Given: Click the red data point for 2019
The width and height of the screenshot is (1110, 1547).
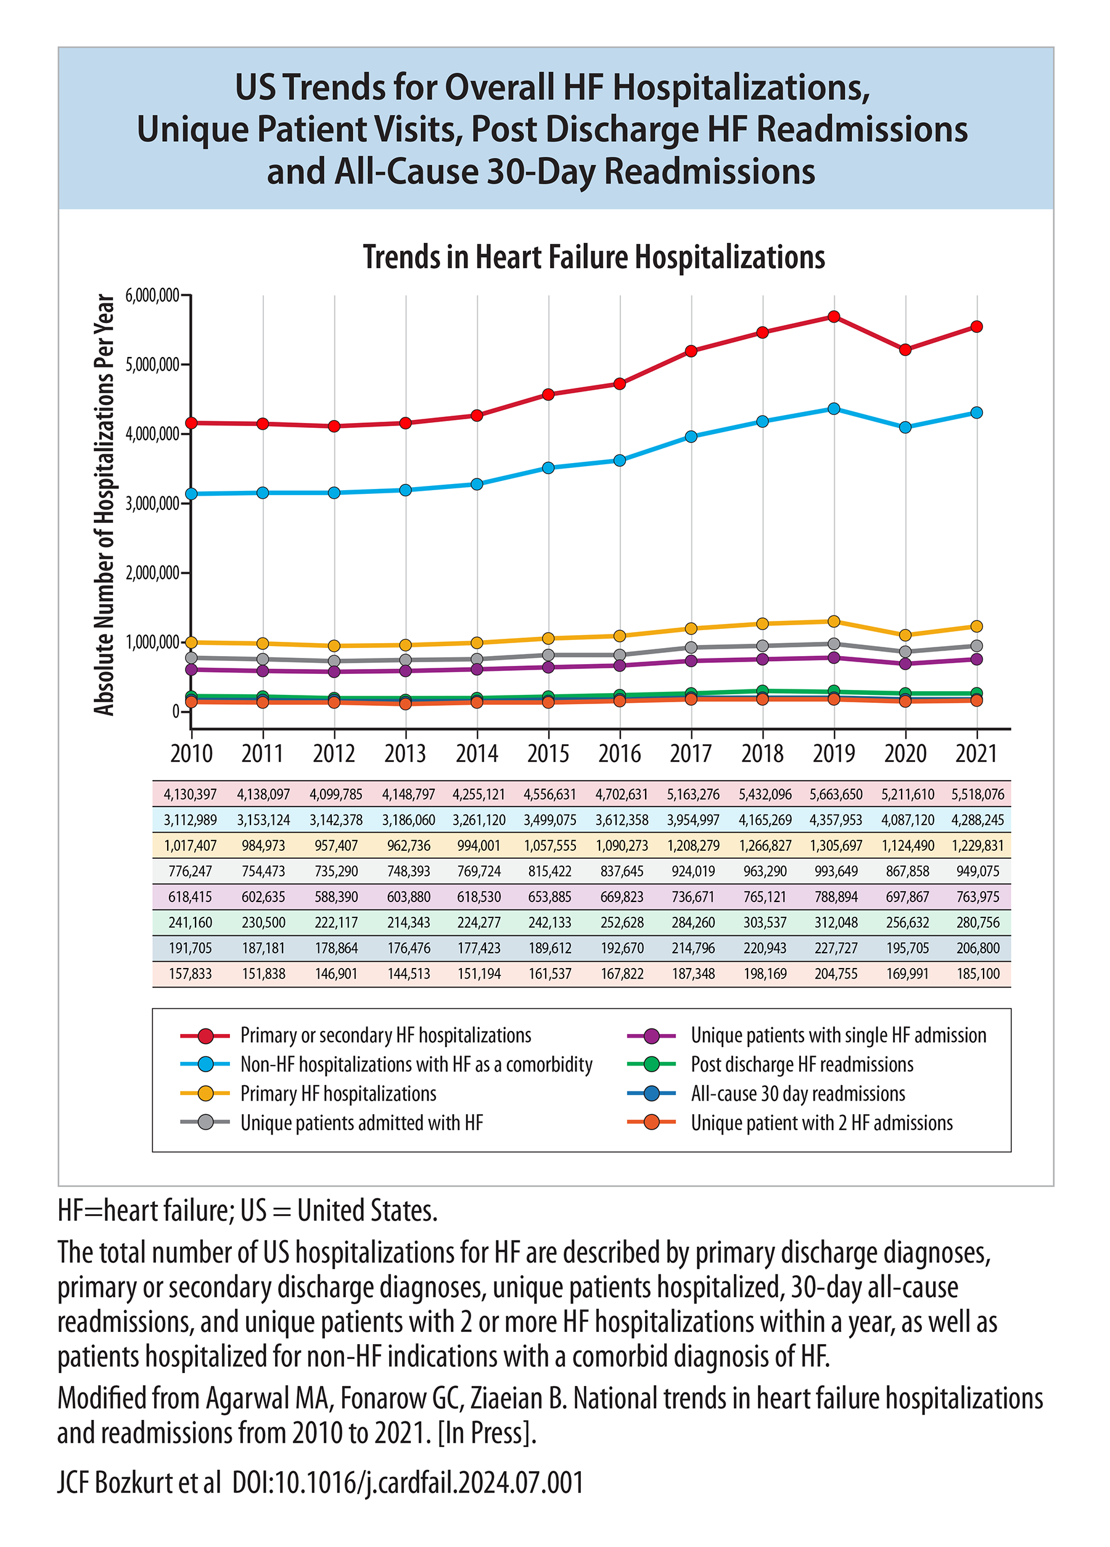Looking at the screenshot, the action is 833,316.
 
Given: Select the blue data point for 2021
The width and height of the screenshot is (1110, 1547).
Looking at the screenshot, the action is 976,412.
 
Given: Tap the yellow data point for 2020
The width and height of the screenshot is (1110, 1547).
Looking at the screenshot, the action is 905,635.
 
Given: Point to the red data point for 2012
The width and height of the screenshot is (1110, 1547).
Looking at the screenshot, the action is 334,425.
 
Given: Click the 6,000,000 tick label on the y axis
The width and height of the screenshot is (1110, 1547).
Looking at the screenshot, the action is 152,295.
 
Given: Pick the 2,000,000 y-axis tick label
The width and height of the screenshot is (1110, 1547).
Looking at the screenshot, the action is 152,572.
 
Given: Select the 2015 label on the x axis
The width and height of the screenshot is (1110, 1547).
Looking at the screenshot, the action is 548,753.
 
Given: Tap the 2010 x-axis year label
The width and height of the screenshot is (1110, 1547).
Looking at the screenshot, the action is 191,753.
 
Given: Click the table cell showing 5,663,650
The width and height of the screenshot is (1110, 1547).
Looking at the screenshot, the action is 836,794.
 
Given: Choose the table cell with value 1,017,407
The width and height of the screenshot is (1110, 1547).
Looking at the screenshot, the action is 191,846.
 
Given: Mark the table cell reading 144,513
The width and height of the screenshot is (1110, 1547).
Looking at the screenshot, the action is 409,974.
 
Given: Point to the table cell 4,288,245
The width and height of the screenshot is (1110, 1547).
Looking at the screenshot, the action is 977,820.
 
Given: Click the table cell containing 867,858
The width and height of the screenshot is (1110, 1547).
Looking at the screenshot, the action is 906,871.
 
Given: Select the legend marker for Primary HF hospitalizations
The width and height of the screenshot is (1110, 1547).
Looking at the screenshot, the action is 205,1093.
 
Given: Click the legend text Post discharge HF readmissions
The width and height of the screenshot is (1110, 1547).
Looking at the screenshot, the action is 802,1064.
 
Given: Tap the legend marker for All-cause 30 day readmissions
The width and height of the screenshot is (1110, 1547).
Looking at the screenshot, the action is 652,1093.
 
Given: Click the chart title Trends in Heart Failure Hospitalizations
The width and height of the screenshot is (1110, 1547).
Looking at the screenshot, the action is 594,257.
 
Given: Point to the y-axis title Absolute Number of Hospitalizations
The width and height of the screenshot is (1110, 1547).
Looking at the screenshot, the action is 104,505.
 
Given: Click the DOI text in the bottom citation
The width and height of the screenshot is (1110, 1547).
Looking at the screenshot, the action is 408,1482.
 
